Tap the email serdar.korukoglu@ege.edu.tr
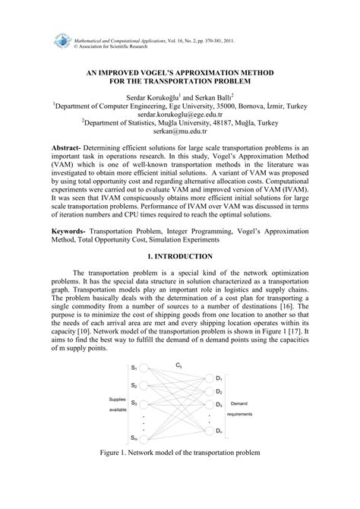[181, 118]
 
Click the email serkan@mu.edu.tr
[181, 139]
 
